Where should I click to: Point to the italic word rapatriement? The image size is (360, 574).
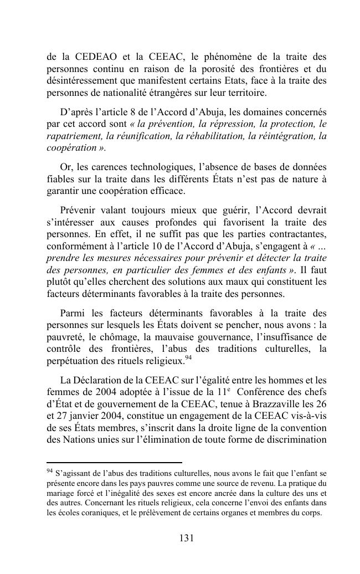click(x=73, y=136)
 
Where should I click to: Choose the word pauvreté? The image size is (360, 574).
click(x=65, y=337)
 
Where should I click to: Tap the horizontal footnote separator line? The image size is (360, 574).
click(x=114, y=463)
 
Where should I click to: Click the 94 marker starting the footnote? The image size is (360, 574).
click(x=50, y=472)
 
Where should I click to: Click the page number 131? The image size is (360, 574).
click(x=186, y=538)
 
